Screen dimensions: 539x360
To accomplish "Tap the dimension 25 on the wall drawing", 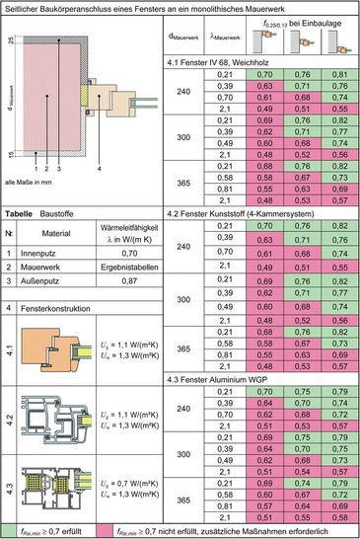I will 10,40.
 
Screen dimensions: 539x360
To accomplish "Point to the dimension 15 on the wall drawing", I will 10,152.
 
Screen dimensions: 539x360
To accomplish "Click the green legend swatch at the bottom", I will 8,531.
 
